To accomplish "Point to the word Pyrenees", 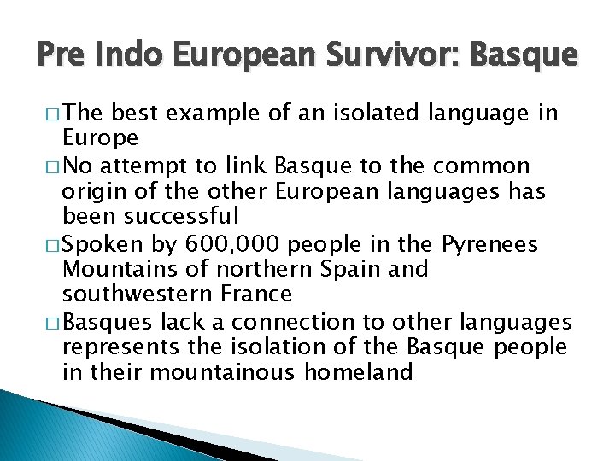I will [x=490, y=244].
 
